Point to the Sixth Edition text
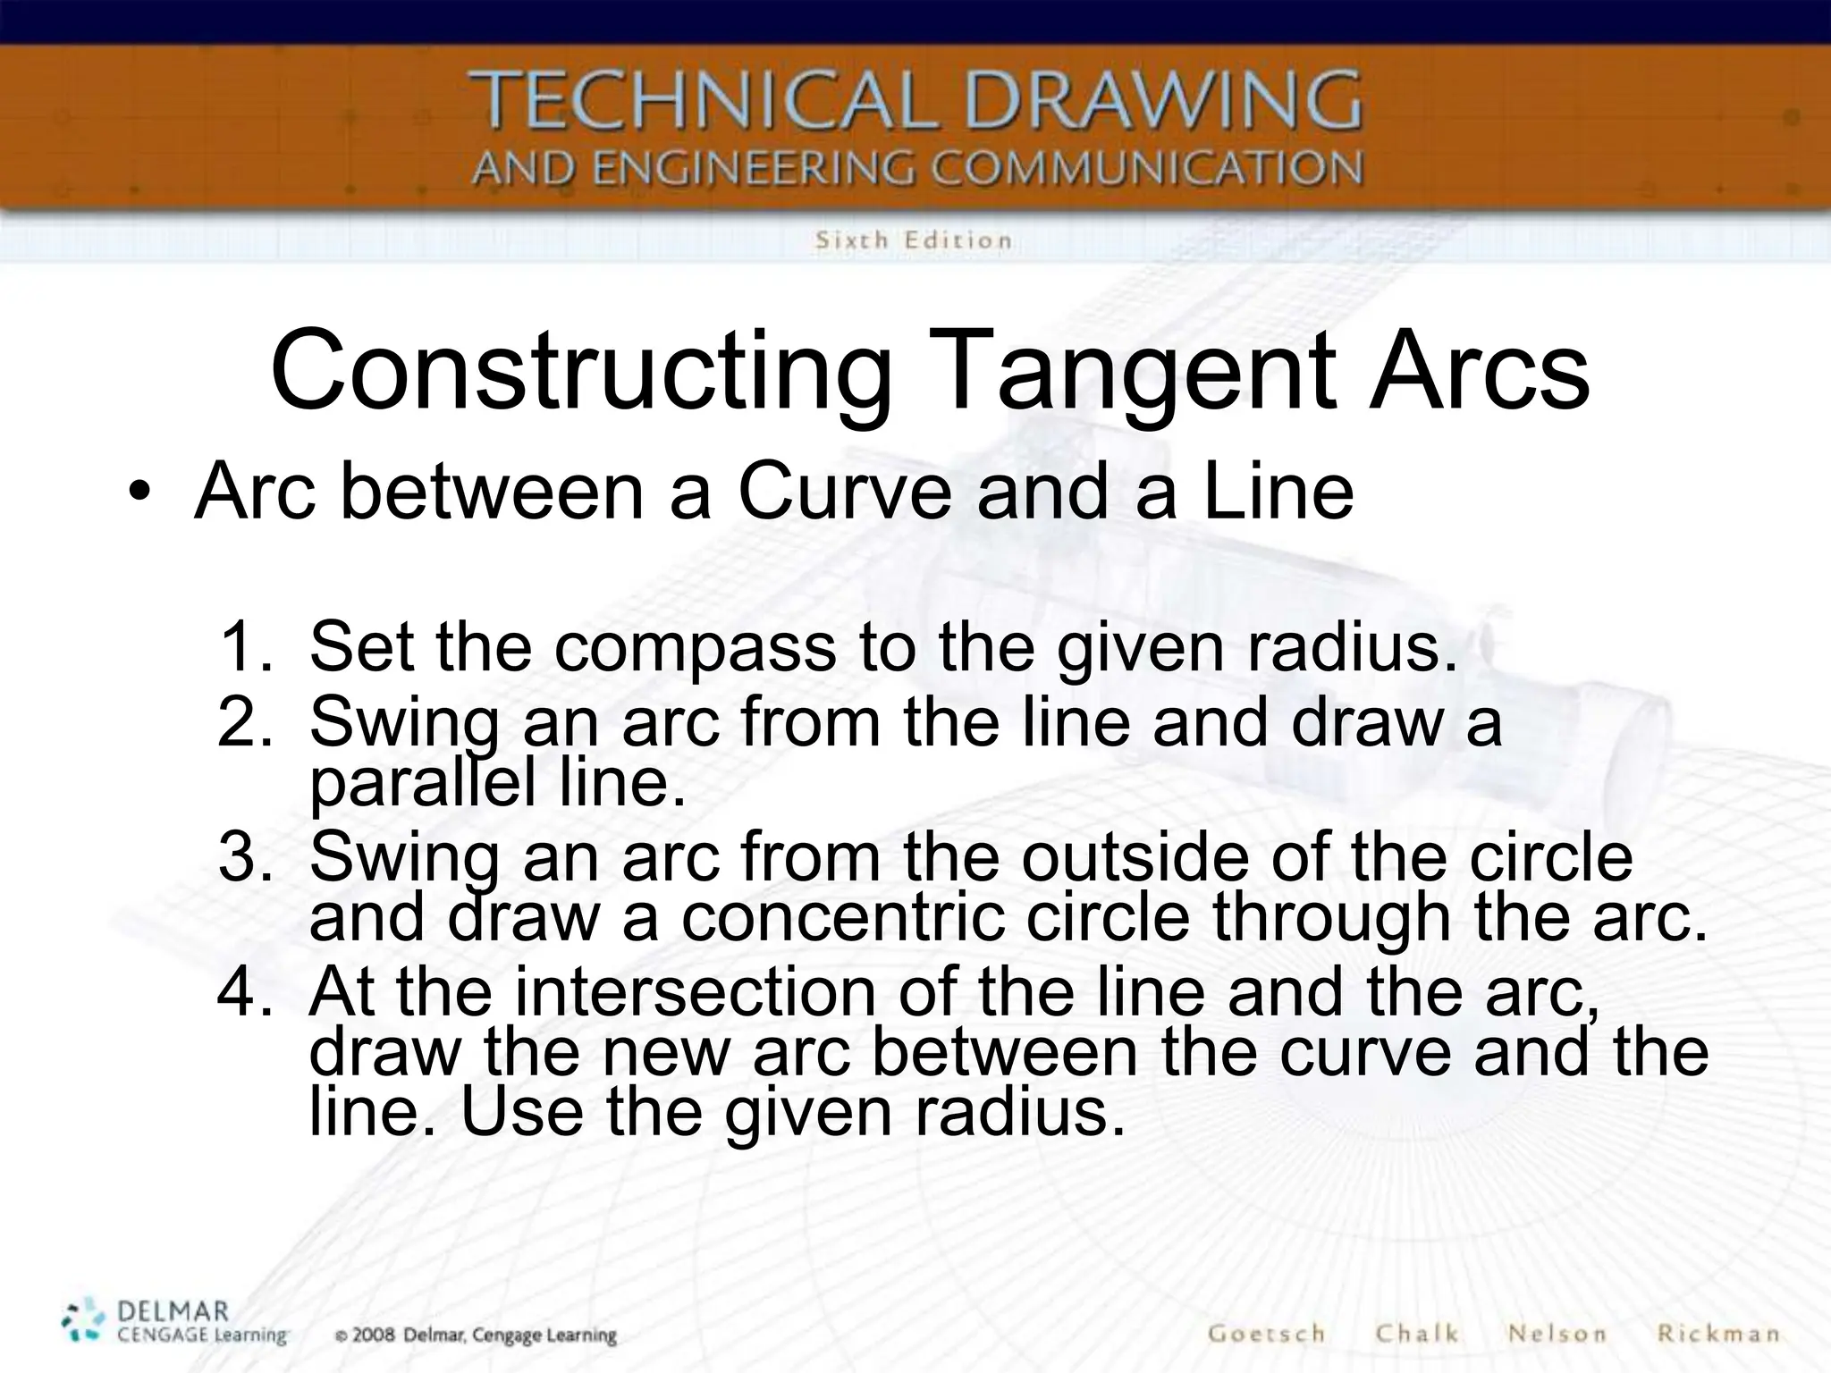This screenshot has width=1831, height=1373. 913,240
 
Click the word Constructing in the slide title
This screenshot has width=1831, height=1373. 581,371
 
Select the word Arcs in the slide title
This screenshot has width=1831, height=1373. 1480,371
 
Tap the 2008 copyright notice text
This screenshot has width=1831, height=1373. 476,1335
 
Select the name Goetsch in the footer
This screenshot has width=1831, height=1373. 1266,1333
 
